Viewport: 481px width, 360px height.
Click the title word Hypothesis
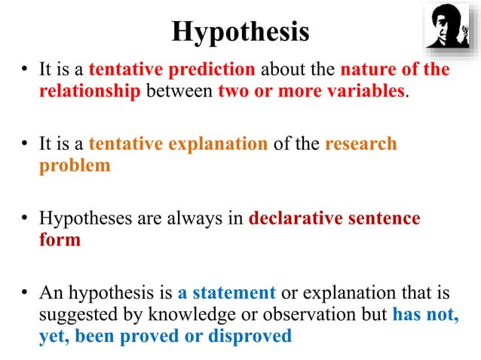(x=240, y=32)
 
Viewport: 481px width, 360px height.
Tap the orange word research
(x=360, y=144)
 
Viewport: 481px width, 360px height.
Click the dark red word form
(x=60, y=241)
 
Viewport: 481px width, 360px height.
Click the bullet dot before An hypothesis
(x=25, y=293)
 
